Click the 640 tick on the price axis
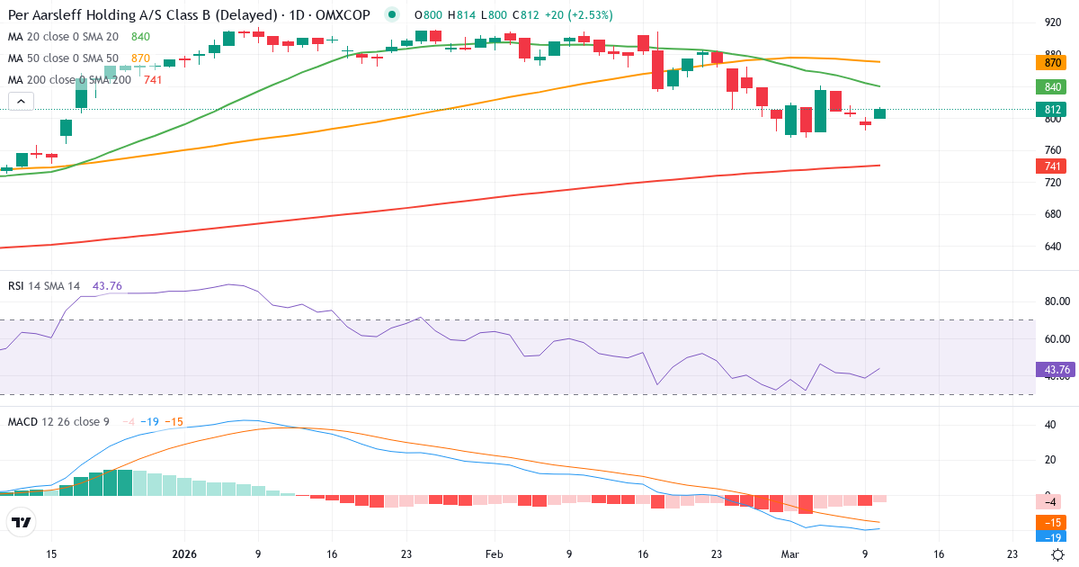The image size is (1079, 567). pos(1047,247)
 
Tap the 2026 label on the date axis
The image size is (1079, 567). pos(184,554)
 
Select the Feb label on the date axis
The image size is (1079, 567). pos(495,554)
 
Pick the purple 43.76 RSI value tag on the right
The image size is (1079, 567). pos(1053,369)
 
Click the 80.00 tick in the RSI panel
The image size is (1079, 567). pos(1052,301)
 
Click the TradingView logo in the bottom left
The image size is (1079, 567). pos(22,522)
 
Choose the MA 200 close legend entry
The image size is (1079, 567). pos(69,80)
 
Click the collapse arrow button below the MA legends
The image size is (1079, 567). pos(20,101)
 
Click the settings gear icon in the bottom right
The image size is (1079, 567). pos(1058,554)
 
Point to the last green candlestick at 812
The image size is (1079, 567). pos(879,113)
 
